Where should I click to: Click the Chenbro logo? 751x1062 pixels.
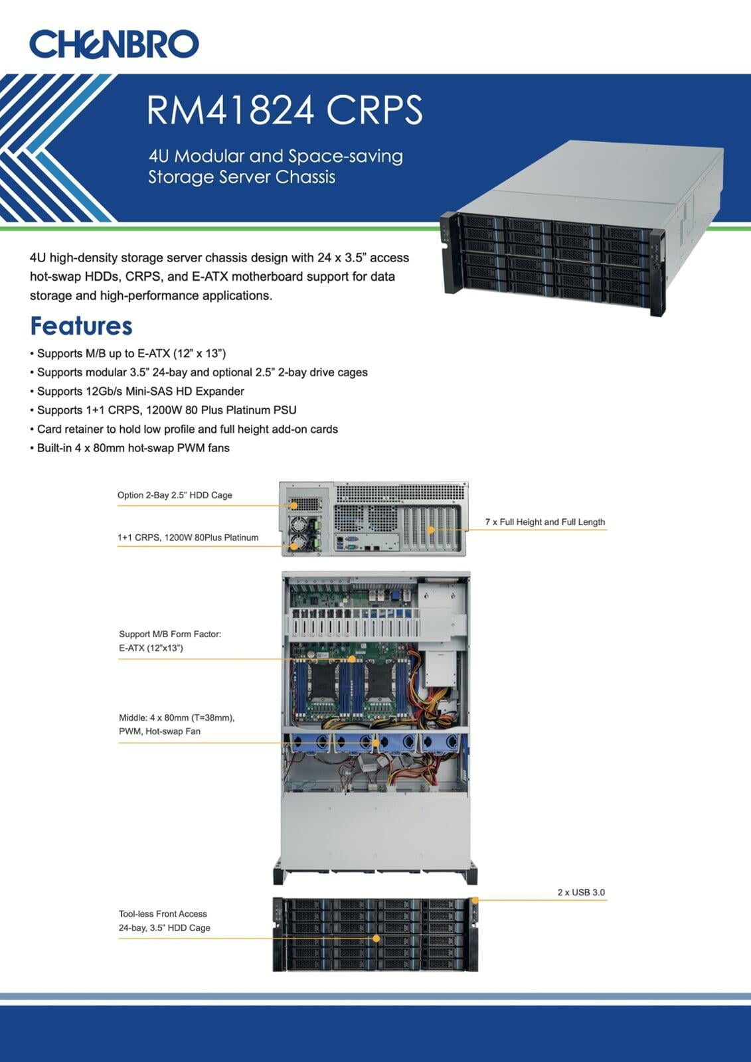pos(114,44)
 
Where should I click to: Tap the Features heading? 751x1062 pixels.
pos(81,326)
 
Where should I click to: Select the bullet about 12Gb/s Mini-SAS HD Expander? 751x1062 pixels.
pos(137,391)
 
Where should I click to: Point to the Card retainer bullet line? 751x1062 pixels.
pos(184,429)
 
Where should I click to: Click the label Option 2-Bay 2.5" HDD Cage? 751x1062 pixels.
pos(175,495)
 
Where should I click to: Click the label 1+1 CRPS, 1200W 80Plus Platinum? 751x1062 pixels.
pos(188,537)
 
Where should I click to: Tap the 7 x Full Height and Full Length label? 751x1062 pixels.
pos(545,522)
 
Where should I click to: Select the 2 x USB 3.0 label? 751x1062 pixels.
pos(581,892)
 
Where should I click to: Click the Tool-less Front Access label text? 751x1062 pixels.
pos(163,913)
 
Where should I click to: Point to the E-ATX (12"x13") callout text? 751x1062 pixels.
pos(151,648)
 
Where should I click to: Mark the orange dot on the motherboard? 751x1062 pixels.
pos(351,659)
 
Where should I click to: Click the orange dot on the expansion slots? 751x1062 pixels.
pos(431,530)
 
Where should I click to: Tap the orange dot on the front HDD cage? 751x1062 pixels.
pos(376,939)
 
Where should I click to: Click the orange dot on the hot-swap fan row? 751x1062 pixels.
pos(376,743)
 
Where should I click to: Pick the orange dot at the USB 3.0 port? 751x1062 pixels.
pos(475,900)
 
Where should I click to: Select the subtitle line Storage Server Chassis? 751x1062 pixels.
pos(242,177)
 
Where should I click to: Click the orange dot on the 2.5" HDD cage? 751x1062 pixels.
pos(294,506)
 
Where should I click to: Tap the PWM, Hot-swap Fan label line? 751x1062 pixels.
pos(159,731)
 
